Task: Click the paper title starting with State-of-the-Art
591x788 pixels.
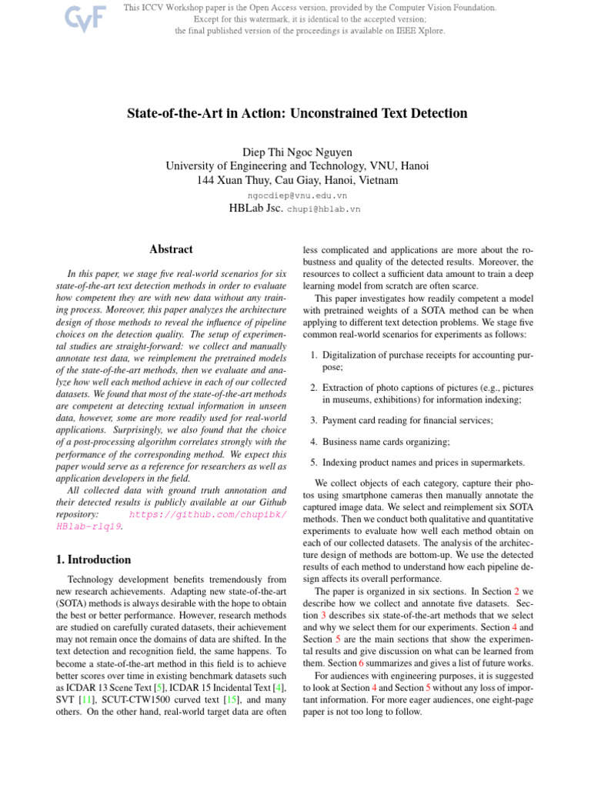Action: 296,113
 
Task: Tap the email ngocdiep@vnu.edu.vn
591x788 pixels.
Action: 297,195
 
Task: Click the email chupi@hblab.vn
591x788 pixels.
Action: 323,209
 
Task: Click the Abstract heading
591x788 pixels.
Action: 170,249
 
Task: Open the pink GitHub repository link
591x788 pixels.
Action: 208,513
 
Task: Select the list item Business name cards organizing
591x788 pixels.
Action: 386,442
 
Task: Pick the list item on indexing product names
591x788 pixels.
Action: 423,463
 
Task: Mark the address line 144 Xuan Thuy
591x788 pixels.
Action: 297,181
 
